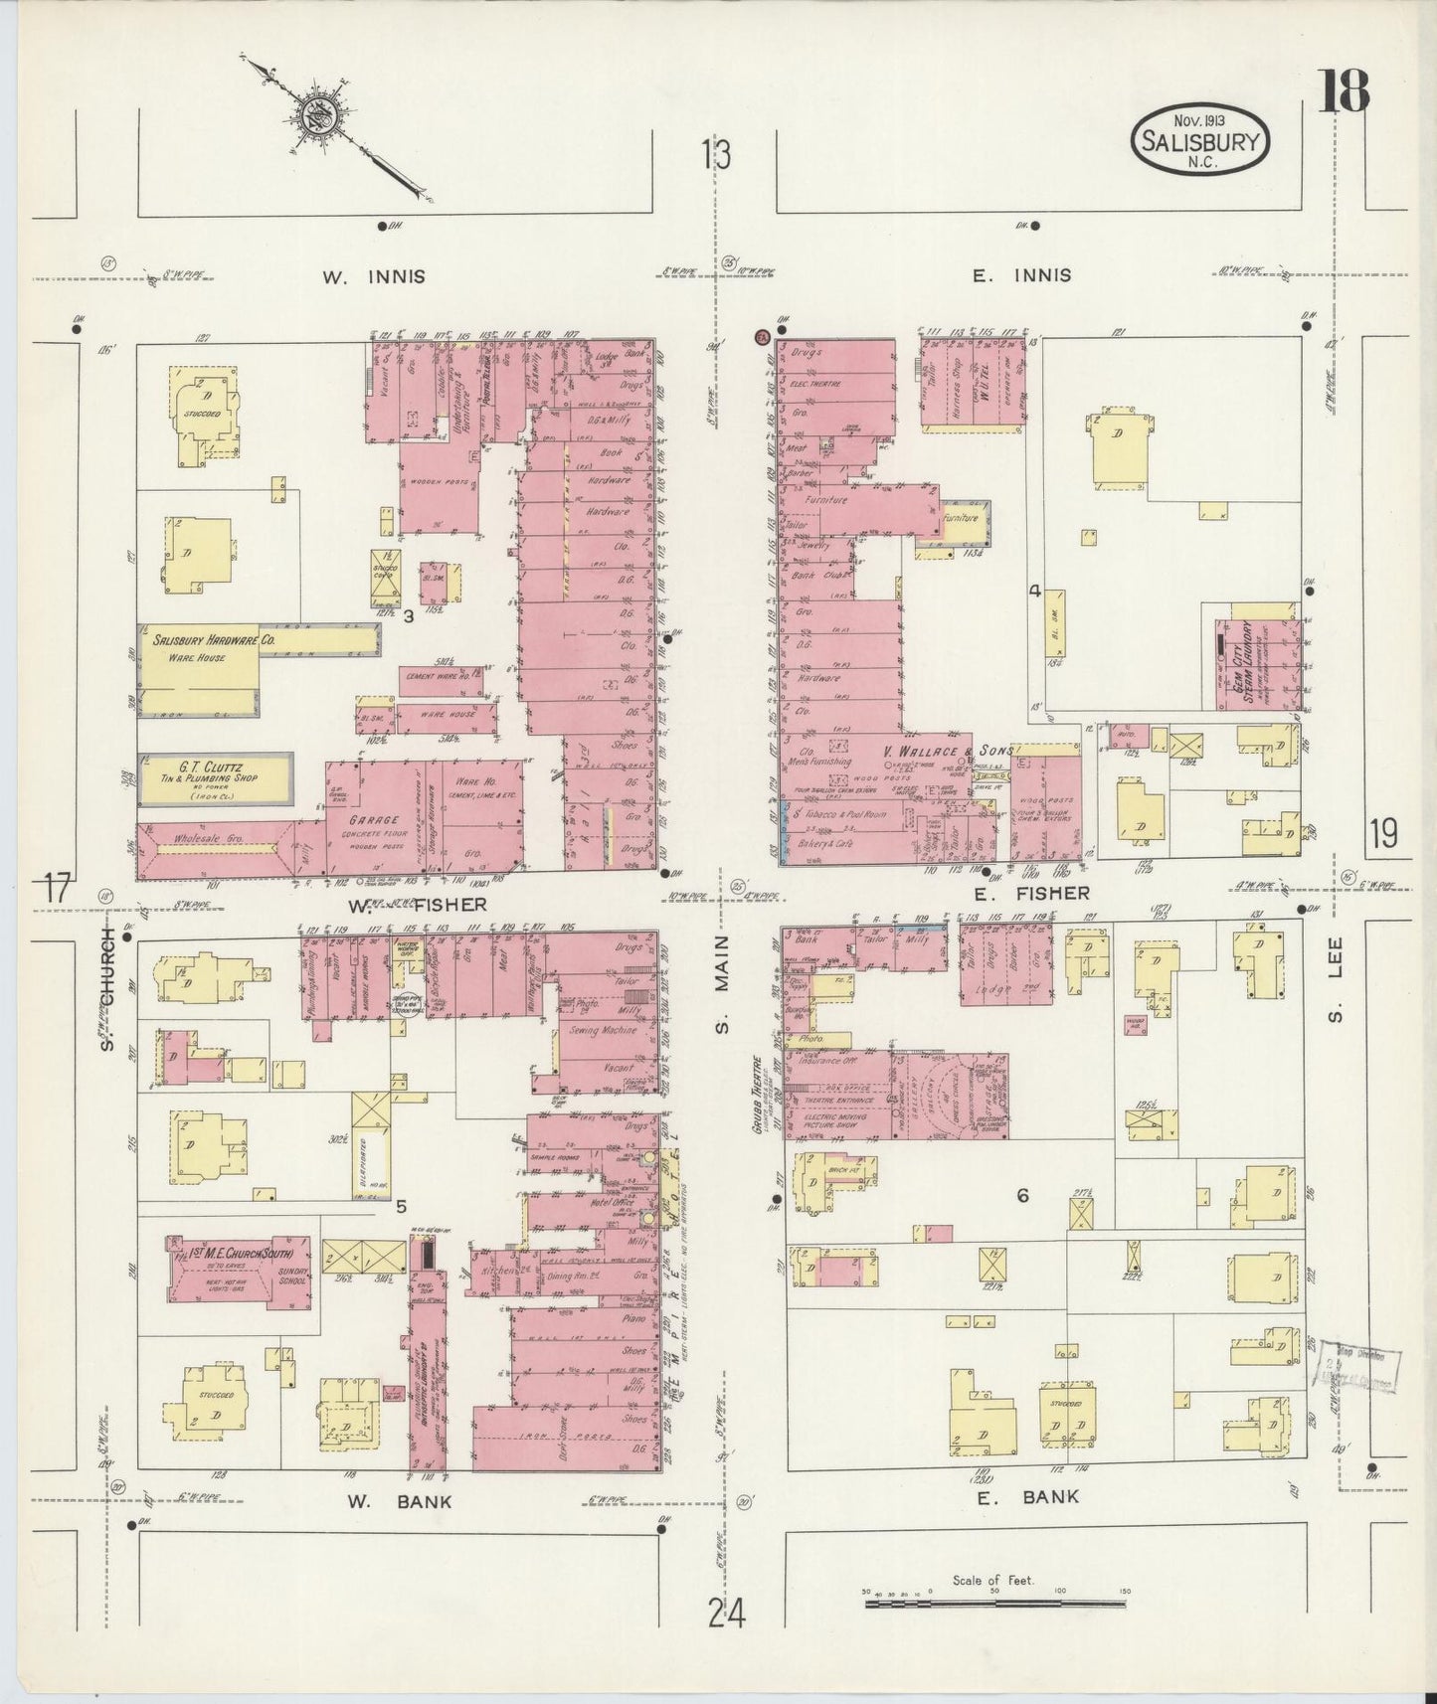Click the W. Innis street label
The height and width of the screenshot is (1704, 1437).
(x=374, y=277)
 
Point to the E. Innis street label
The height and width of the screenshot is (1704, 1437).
(x=1022, y=275)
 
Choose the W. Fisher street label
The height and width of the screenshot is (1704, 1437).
(x=417, y=905)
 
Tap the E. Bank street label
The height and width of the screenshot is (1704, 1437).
(x=1027, y=1496)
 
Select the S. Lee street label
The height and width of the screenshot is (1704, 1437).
(x=1338, y=979)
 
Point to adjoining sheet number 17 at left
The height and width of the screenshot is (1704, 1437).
(x=59, y=888)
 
